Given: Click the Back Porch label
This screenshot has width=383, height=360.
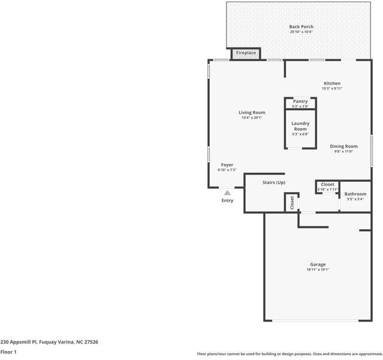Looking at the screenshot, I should pos(301,26).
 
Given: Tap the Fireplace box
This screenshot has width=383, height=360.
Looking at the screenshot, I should pos(246,53).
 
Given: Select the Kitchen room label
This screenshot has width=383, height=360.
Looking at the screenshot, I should pos(332,83).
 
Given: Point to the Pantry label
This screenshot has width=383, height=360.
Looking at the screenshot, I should pos(300,101).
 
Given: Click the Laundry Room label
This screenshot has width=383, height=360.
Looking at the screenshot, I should pos(300,126).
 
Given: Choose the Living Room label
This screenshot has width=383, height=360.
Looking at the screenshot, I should pos(252,112).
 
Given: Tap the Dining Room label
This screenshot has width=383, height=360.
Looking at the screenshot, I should pos(343,146).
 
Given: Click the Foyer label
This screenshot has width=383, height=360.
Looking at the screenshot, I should pos(227,165).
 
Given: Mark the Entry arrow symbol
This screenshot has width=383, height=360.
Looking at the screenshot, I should pos(227,193).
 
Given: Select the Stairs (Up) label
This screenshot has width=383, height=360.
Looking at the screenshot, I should pos(273,182).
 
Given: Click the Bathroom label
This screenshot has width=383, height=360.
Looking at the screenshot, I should pos(355,194).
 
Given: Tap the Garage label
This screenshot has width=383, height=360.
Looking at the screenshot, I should pos(318,265).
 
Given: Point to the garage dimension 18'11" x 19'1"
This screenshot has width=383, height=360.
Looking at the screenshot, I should pos(318,270).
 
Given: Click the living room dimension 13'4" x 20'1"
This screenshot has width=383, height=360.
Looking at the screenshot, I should pos(252,118).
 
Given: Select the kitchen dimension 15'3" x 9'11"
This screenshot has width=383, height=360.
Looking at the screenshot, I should pos(332,89).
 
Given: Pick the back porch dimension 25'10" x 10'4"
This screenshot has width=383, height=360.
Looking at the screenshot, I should pos(301,32).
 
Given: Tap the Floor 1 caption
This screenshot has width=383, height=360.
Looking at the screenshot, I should pos(8,352).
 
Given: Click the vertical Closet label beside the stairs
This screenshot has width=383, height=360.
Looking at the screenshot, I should pos(292,202).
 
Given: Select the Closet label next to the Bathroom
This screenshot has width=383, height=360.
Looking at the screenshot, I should pos(328,184).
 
